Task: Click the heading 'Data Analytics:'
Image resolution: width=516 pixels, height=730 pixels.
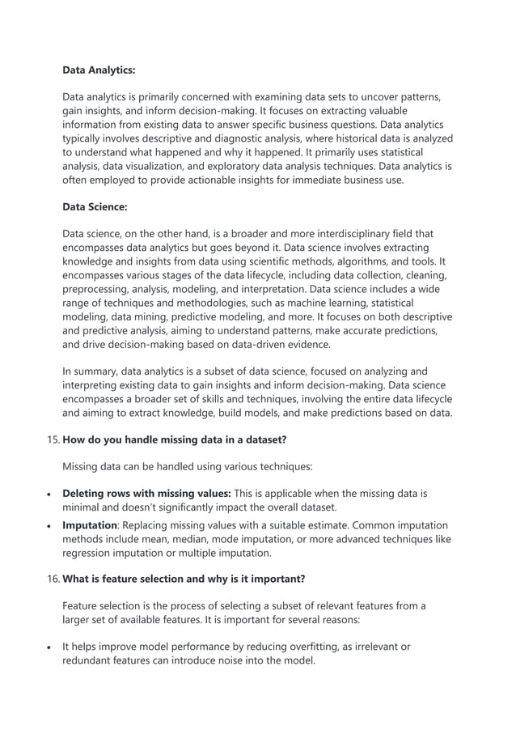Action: click(x=99, y=70)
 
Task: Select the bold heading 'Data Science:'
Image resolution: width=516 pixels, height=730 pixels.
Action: click(x=95, y=207)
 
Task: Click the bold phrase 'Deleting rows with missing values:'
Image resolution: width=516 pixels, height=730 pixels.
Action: click(x=146, y=493)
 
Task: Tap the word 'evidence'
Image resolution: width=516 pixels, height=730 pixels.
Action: click(x=307, y=344)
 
